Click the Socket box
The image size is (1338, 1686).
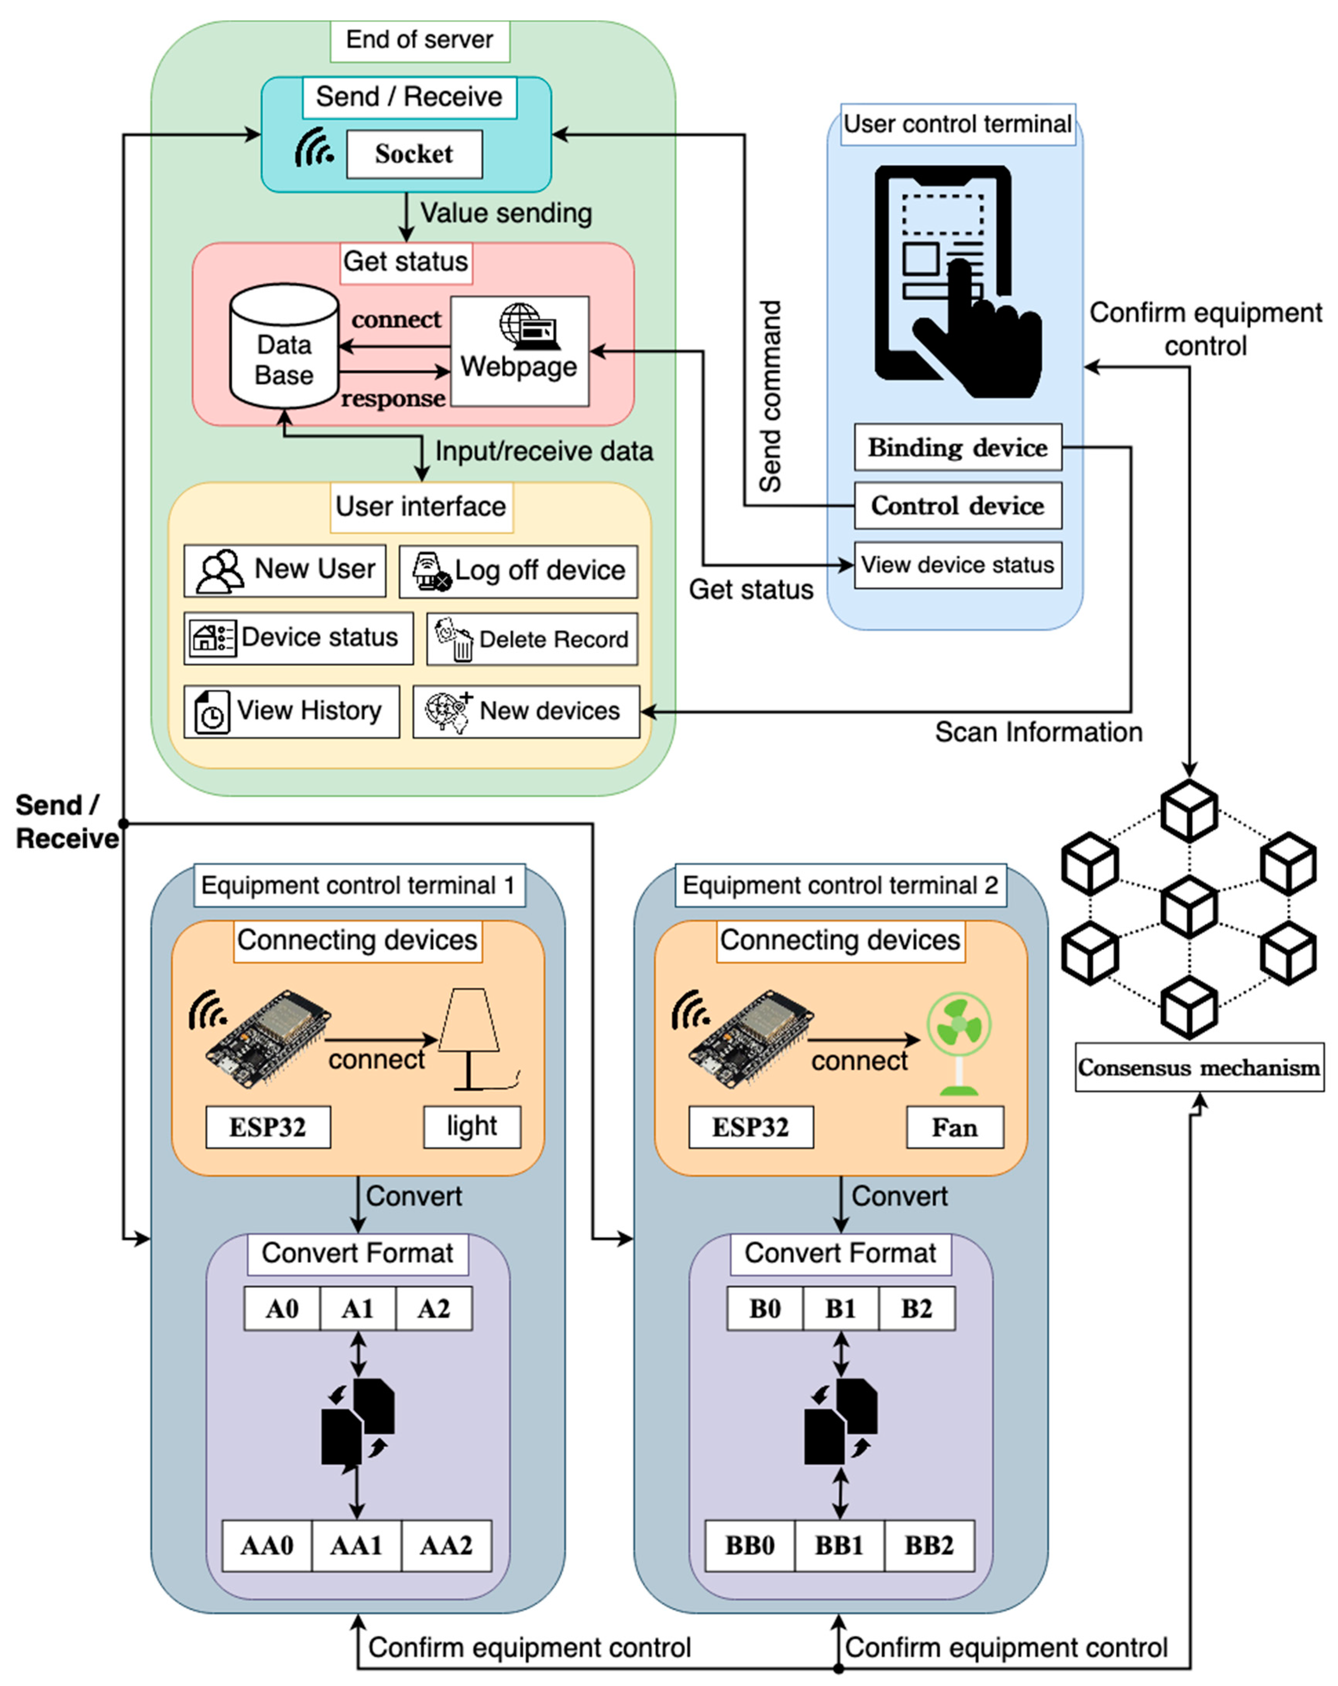(x=414, y=154)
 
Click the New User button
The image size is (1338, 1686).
(x=285, y=570)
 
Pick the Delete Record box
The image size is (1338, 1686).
(x=532, y=639)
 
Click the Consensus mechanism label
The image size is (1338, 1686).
(x=1199, y=1068)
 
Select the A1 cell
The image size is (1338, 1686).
(x=357, y=1308)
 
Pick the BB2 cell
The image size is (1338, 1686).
(x=929, y=1545)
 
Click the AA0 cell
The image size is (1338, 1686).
(x=267, y=1545)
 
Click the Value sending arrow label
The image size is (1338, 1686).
(x=506, y=213)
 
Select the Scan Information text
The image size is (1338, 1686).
(x=1038, y=732)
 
